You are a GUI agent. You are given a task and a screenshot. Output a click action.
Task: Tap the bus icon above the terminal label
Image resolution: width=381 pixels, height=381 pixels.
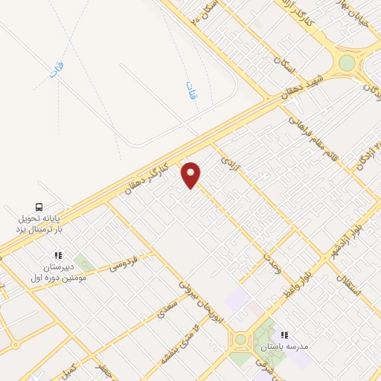point(39,207)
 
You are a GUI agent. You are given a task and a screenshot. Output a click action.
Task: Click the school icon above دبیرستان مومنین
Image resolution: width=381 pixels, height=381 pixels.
point(58,256)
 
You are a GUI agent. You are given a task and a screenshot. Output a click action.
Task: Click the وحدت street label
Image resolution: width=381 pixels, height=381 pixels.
point(271,261)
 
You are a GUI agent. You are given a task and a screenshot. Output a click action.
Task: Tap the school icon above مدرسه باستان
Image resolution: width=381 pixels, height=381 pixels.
point(283,335)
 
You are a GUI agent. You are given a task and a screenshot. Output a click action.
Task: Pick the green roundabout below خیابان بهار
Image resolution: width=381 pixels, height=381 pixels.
point(347,63)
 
